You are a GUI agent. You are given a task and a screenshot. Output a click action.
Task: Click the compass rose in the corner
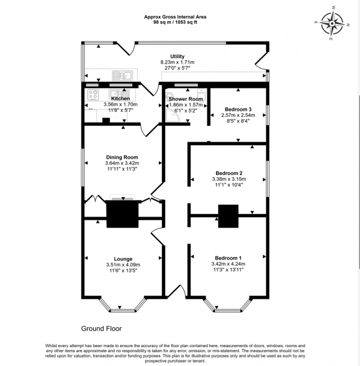tap(333, 24)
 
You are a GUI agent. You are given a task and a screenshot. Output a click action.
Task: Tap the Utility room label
tap(177, 56)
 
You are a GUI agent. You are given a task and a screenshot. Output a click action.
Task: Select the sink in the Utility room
tap(121, 75)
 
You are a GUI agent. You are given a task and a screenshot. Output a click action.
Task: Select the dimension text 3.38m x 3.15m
tap(228, 179)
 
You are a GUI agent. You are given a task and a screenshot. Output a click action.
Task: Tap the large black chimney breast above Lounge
tap(122, 214)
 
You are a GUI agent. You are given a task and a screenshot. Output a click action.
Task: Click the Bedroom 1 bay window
tap(228, 306)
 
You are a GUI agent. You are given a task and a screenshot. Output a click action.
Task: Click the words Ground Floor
tap(101, 328)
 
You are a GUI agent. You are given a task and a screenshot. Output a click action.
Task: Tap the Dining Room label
tap(122, 157)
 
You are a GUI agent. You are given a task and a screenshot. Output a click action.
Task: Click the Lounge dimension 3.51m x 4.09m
tap(122, 265)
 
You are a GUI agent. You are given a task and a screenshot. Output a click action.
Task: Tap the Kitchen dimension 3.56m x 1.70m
tap(120, 104)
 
